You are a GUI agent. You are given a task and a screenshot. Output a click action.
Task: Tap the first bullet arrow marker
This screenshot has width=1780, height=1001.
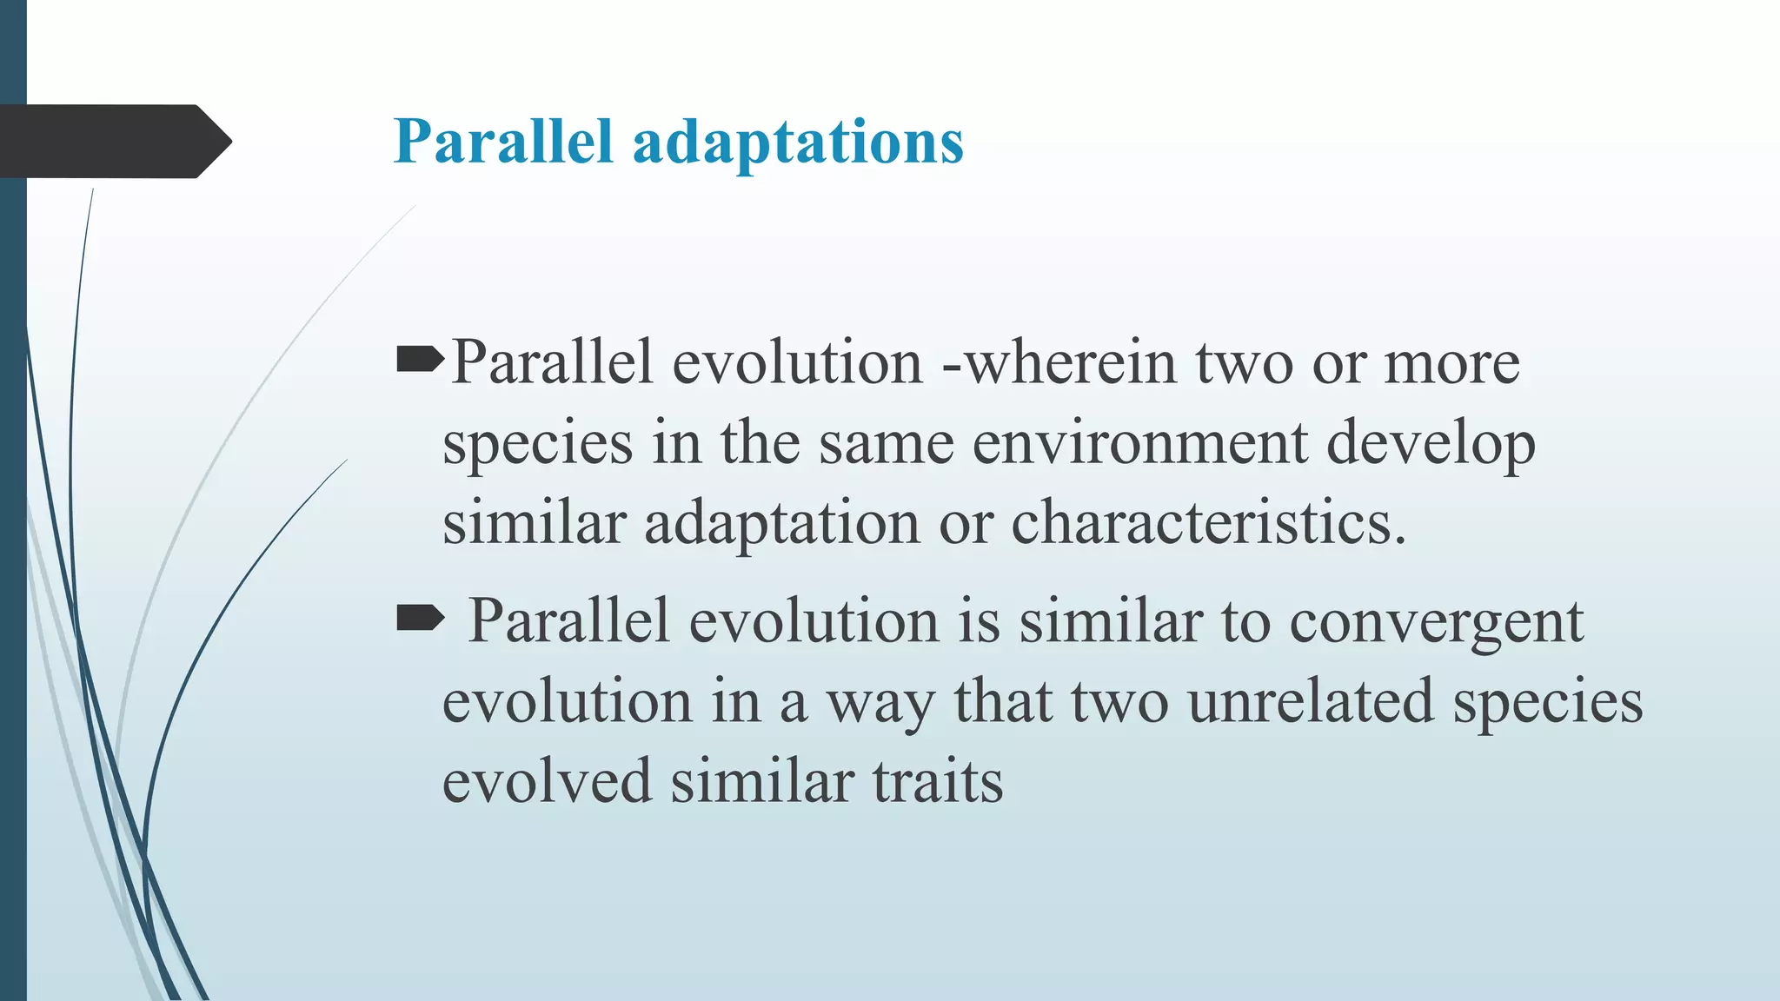420,359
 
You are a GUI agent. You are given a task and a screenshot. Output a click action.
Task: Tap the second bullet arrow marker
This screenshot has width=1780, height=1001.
420,619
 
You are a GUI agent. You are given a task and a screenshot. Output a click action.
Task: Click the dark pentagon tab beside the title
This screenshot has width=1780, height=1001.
113,142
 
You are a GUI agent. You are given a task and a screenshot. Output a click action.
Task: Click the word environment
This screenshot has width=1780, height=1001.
1139,443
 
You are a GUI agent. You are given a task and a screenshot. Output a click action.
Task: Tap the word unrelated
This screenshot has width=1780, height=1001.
1310,701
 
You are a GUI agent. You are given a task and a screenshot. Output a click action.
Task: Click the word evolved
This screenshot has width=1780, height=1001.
547,781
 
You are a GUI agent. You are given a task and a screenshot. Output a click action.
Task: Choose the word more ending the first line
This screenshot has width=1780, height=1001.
1451,363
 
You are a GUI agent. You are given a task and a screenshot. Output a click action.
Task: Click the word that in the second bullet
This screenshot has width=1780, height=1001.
1002,701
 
